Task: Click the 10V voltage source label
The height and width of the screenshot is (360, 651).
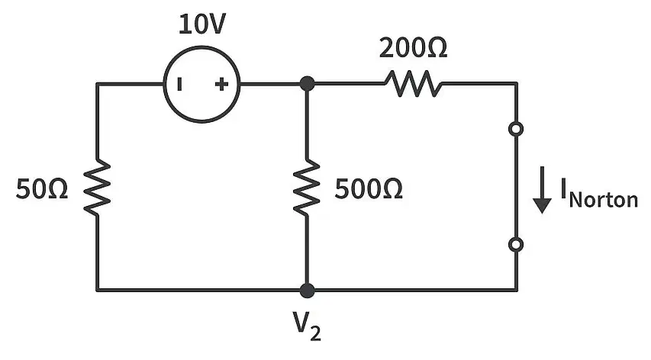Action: pos(201,24)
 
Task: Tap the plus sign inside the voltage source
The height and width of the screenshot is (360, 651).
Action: pos(221,84)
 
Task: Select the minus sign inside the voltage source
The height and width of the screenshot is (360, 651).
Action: pos(179,84)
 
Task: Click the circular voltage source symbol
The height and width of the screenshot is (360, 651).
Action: pos(164,84)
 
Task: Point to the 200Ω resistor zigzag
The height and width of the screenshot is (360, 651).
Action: pos(414,84)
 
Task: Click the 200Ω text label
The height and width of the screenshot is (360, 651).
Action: pos(413,48)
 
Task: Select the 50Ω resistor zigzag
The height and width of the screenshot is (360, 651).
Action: pos(97,187)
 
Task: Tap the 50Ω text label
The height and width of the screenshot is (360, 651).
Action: pos(41,189)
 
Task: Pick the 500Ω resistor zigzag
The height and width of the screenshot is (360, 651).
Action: pos(307,187)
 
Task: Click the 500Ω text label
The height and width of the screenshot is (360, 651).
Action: pos(369,189)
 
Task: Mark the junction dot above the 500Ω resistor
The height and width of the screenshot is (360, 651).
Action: pos(307,84)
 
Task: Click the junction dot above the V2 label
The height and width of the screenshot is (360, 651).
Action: pos(307,291)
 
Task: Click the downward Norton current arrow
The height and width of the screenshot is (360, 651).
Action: pos(542,190)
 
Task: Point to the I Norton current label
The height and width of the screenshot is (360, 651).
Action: pos(599,193)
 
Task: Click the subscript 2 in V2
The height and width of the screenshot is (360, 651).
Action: pos(315,333)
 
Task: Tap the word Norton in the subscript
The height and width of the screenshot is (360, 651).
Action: pos(604,200)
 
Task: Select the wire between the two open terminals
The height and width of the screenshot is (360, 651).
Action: pos(516,187)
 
